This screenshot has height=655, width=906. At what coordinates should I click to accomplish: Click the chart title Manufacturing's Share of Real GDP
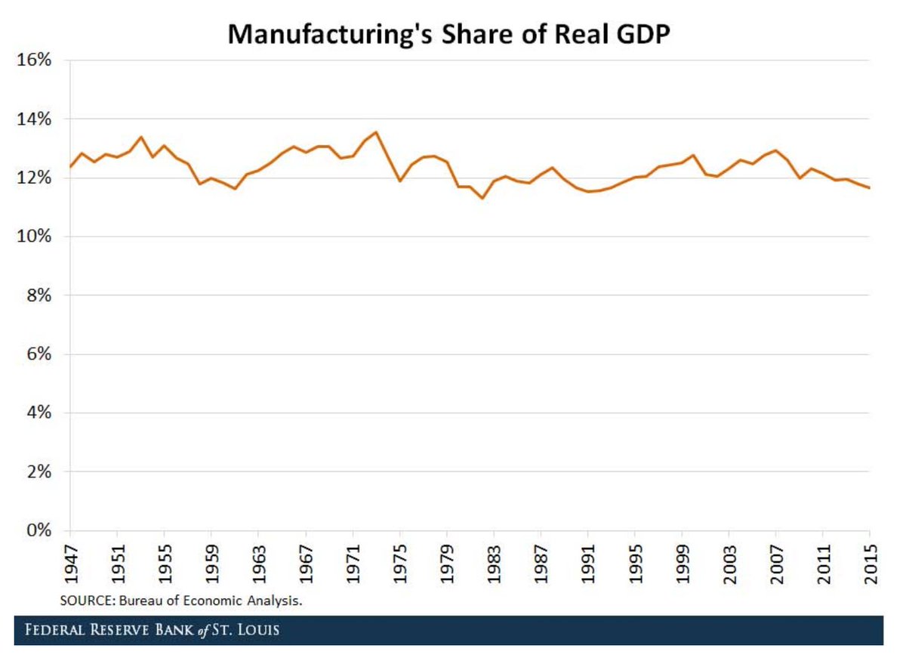click(448, 35)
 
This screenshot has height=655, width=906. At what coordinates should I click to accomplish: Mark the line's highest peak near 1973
click(376, 132)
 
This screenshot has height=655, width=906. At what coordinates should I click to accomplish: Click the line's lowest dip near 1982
click(482, 198)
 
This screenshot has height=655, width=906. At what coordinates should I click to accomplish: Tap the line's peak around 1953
click(141, 137)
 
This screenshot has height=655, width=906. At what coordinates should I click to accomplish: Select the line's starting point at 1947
click(71, 166)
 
